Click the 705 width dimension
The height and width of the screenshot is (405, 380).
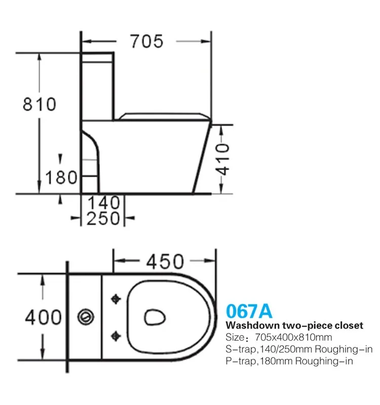tap(147, 41)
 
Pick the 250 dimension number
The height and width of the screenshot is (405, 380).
tap(104, 218)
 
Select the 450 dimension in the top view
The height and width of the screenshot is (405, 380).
tap(165, 262)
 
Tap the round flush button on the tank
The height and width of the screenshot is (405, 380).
tap(85, 317)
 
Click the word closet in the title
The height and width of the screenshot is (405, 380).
tap(347, 325)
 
